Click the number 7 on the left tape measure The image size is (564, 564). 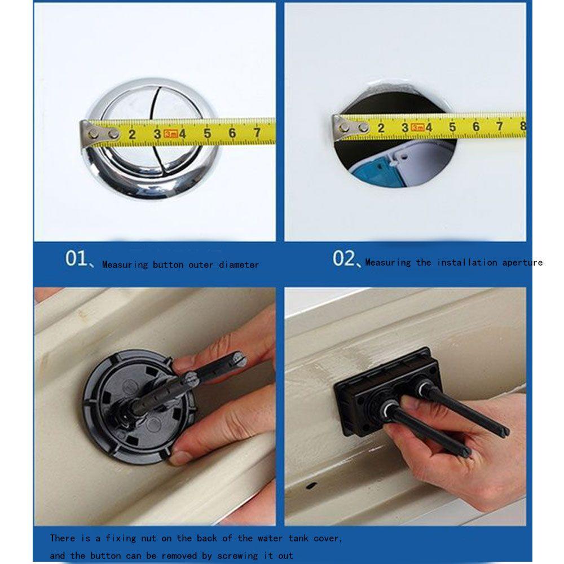point(257,133)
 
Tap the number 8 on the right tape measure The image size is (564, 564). point(523,126)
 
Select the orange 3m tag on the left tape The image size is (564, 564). point(171,134)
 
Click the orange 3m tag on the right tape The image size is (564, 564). point(417,127)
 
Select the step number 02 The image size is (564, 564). point(343,258)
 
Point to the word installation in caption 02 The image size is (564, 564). point(467,262)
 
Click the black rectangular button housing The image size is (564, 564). point(387,391)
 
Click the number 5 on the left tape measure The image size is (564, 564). point(207,134)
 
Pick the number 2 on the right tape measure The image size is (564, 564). point(381,127)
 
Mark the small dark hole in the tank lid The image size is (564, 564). point(311,486)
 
